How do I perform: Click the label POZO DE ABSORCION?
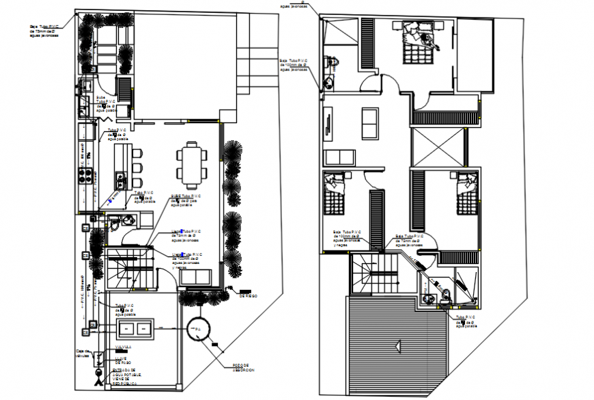click(x=241, y=368)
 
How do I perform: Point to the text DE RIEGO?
click(x=248, y=295)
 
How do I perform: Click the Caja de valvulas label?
click(x=82, y=354)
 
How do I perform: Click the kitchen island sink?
click(x=123, y=181)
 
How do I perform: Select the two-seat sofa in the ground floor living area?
click(x=198, y=277)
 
